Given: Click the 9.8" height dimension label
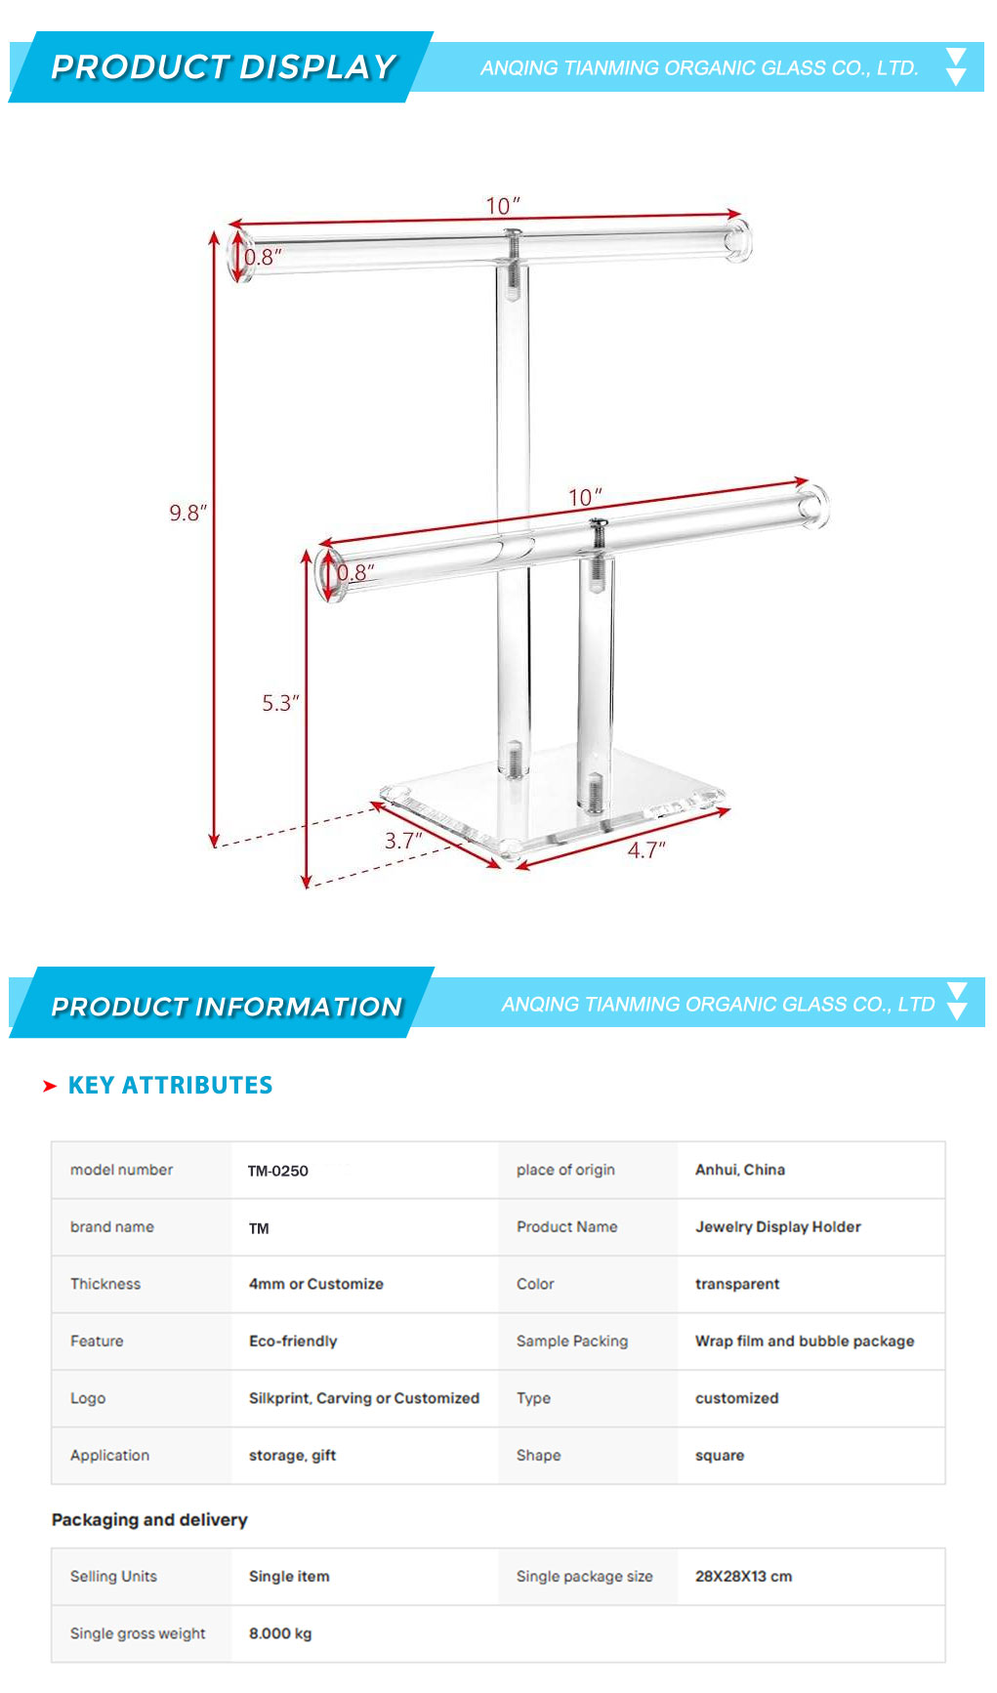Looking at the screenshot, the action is point(188,513).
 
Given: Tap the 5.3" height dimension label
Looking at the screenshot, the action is point(280,703).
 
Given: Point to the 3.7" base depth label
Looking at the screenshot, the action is point(403,841).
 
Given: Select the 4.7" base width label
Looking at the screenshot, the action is point(646,850).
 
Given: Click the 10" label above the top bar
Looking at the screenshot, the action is point(503,206).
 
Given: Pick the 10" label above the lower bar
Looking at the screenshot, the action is point(585,497).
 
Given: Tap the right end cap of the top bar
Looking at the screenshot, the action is point(737,240).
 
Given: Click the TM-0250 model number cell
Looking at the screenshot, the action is point(278,1171).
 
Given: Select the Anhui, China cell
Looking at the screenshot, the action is point(740,1170).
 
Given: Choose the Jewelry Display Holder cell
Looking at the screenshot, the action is point(778,1227).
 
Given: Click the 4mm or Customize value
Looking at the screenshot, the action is point(316,1284).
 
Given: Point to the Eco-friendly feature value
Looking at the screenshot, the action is point(293,1342).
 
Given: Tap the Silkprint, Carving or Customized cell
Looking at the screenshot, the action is point(364,1398).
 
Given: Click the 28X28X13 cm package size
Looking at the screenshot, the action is point(744,1577).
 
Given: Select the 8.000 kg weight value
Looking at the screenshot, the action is point(280,1633).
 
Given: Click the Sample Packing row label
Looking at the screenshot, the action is point(572,1342).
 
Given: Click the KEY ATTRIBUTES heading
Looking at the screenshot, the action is point(171,1086).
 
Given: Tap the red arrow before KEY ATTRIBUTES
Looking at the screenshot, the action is point(50,1087).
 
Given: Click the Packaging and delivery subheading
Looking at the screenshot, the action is point(149,1520).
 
